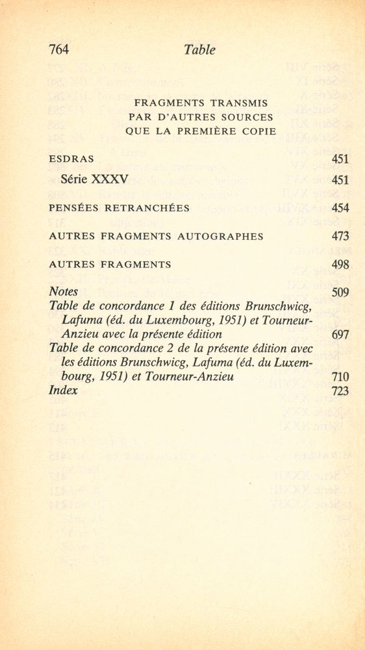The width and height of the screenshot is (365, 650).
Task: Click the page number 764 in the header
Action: (x=59, y=49)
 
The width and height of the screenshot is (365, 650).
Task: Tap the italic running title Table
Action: (x=199, y=49)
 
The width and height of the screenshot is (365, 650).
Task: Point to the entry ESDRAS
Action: (x=71, y=159)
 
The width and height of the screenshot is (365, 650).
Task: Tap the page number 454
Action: (x=340, y=208)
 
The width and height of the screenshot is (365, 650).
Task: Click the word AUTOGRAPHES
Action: (x=225, y=237)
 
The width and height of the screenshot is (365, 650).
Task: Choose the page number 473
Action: (x=340, y=237)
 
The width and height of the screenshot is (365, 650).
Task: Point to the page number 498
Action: (x=340, y=265)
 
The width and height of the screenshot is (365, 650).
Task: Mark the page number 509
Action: (x=340, y=292)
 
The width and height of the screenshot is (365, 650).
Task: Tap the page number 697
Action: (x=340, y=335)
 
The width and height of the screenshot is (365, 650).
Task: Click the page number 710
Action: (x=340, y=377)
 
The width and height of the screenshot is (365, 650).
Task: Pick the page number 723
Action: (x=340, y=391)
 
